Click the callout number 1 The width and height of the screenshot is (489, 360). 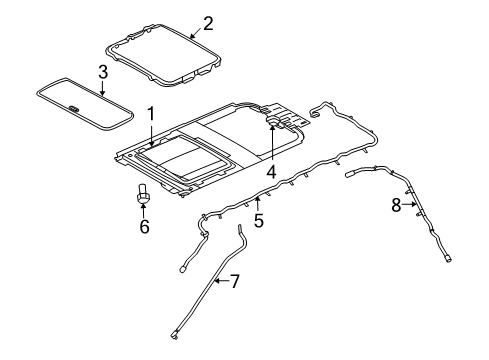pyautogui.click(x=151, y=115)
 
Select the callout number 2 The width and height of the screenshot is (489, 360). pyautogui.click(x=207, y=21)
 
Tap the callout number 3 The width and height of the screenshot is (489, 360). pyautogui.click(x=103, y=71)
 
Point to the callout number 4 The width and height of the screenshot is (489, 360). pyautogui.click(x=271, y=170)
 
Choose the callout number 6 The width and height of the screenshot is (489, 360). pyautogui.click(x=144, y=227)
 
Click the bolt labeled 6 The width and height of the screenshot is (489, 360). pyautogui.click(x=144, y=194)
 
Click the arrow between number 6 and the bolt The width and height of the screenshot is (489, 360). pyautogui.click(x=144, y=211)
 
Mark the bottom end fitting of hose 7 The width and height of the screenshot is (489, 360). pyautogui.click(x=175, y=339)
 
